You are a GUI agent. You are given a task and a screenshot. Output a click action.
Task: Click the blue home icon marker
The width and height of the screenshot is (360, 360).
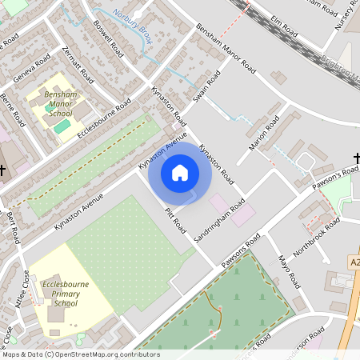click(x=180, y=173)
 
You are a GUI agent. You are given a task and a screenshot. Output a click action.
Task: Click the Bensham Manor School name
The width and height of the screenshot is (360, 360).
click(x=61, y=103)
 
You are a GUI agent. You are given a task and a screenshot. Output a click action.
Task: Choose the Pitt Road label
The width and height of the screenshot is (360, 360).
click(x=174, y=221)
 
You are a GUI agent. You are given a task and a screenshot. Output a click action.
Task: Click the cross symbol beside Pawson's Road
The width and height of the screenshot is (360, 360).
click(x=357, y=160)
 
